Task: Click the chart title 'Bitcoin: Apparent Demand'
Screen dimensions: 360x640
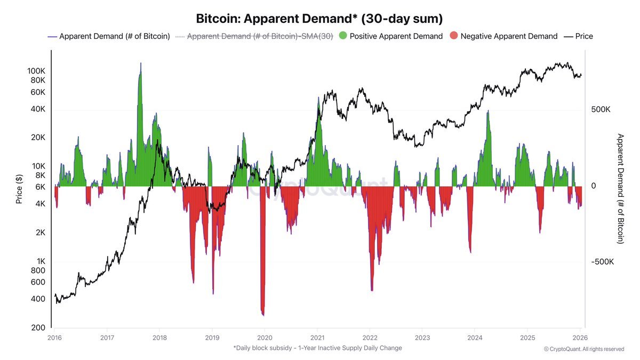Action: point(319,19)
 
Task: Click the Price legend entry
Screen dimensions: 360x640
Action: point(579,36)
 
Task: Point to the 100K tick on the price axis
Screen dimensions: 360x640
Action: point(36,71)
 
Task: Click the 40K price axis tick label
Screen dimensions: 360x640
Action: point(38,109)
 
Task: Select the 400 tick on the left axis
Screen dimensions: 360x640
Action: point(38,299)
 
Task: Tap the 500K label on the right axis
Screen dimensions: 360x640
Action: point(601,109)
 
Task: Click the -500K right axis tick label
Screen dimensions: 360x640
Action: point(602,262)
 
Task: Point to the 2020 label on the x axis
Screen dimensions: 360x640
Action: point(265,338)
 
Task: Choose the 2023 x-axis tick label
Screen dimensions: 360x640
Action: point(422,338)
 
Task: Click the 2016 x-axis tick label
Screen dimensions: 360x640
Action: point(55,338)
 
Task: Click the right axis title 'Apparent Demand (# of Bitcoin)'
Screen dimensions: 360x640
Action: point(620,189)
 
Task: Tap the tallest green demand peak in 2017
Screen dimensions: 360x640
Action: point(140,63)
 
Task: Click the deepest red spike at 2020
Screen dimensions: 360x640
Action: point(262,315)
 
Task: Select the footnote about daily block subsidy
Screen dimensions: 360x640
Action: point(317,348)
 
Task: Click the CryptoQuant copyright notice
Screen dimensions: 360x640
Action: point(583,349)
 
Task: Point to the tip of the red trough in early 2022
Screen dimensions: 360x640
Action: point(372,290)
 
